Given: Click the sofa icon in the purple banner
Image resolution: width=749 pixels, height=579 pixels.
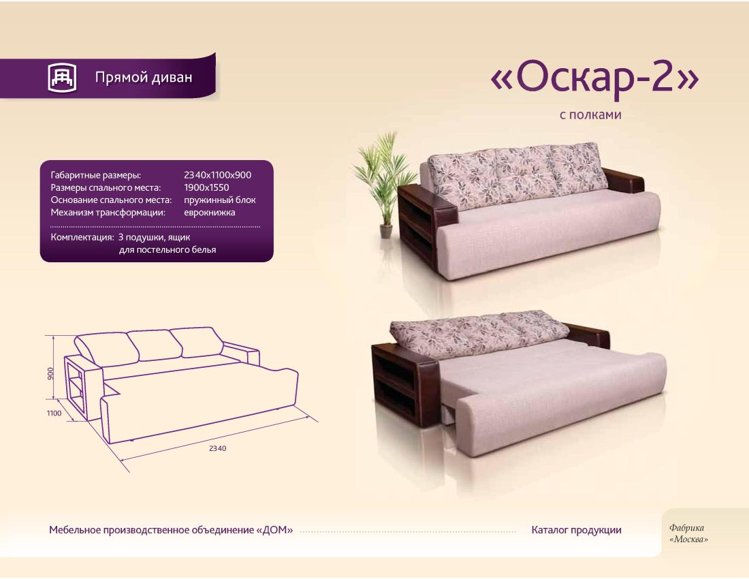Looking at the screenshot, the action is (62, 78).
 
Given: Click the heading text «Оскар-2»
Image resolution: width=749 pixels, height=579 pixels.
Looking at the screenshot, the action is (594, 79).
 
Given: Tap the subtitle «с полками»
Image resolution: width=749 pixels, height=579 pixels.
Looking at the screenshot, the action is (590, 114).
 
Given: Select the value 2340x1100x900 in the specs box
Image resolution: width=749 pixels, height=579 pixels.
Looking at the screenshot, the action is (217, 175).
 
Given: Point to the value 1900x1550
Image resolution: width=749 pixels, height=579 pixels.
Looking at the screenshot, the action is (206, 187).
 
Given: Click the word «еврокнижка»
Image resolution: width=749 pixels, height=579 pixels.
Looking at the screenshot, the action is (210, 212).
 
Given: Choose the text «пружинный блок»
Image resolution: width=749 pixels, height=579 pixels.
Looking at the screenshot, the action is (220, 200).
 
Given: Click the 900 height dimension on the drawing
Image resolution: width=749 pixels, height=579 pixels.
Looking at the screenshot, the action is (50, 373).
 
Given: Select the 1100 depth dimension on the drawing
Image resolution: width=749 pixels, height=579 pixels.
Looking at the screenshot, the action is (54, 413).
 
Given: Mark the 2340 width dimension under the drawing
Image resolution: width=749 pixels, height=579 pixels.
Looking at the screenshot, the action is (217, 449).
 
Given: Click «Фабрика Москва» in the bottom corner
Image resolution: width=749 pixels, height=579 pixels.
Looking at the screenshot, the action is (688, 533).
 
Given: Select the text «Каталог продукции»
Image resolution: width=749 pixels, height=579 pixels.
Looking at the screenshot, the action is (576, 530).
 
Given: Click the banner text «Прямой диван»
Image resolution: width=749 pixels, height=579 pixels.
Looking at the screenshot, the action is (144, 78).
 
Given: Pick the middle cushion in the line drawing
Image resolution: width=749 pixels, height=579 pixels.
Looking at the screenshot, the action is (155, 345).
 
